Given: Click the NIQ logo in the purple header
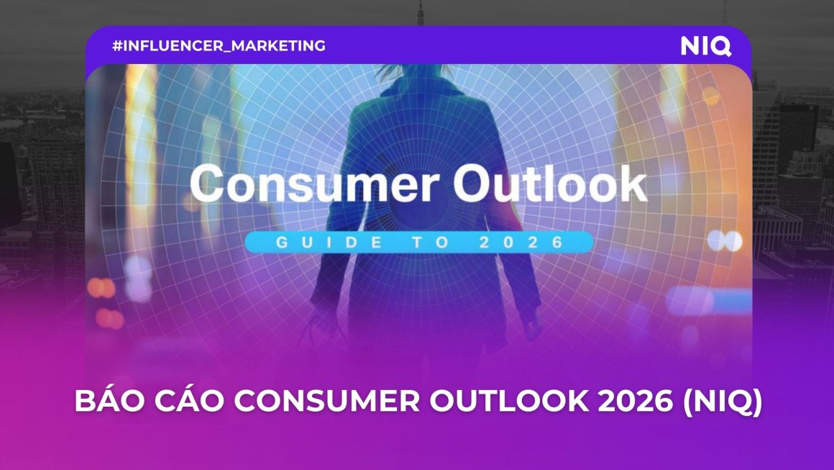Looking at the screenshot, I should click(x=705, y=46).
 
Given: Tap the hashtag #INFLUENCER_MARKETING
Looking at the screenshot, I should click(x=219, y=46).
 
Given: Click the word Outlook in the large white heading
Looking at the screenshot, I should click(x=550, y=184).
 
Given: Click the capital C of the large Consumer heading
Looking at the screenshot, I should click(x=211, y=184).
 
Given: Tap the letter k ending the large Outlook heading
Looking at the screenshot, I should click(x=630, y=184).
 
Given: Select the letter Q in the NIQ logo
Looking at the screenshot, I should click(x=721, y=46).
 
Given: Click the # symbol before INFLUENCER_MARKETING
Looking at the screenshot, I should click(x=117, y=46).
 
